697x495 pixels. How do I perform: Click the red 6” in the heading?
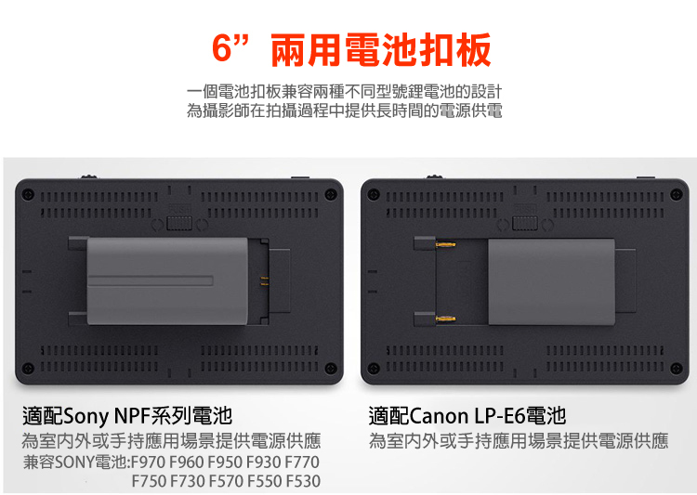(230, 47)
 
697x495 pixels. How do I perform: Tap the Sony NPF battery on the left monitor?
(167, 280)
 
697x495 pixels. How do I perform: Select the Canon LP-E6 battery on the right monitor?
(551, 281)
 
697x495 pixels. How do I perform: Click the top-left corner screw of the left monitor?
(28, 195)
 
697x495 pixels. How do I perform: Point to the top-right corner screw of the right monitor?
(677, 195)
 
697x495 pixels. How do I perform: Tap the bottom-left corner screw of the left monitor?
(28, 368)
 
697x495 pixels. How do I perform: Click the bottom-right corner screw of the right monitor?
(677, 369)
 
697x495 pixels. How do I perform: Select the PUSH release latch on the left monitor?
(179, 224)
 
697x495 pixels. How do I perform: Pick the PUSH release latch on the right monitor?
(525, 224)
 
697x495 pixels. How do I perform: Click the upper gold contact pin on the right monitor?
(445, 244)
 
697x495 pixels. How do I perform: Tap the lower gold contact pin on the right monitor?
(445, 319)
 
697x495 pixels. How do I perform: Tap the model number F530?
(303, 481)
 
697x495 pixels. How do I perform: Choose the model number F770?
(302, 462)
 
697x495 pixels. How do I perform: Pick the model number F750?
(149, 481)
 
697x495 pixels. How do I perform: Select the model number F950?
(225, 462)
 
